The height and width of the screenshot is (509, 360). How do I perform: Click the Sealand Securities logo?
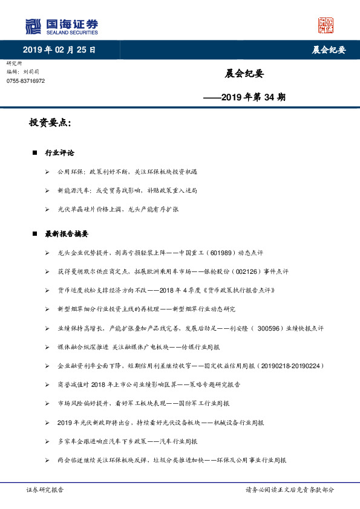61,26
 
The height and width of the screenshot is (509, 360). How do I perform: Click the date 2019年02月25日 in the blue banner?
59,50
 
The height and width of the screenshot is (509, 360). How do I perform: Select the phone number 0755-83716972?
25,81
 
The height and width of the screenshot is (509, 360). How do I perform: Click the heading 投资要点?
50,123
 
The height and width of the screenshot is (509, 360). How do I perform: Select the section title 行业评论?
60,153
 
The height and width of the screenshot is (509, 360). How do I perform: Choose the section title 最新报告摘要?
67,233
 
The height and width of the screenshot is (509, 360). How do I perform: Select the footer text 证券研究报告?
45,490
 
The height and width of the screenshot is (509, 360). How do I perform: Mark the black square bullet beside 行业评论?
35,153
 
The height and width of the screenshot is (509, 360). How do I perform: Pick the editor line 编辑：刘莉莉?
22,72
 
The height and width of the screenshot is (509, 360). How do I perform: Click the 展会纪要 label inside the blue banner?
328,50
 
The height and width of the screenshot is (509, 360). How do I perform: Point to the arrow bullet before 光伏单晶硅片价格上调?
47,209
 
